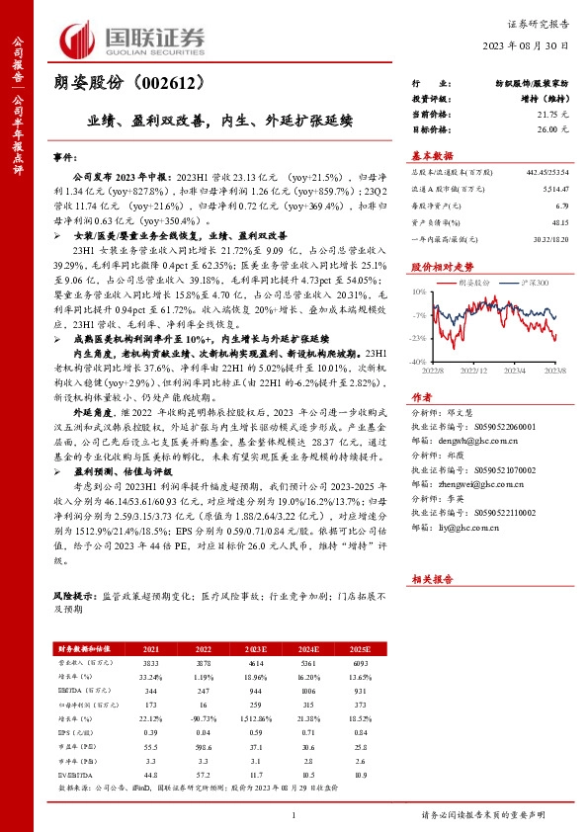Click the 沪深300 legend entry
pos(538,283)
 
